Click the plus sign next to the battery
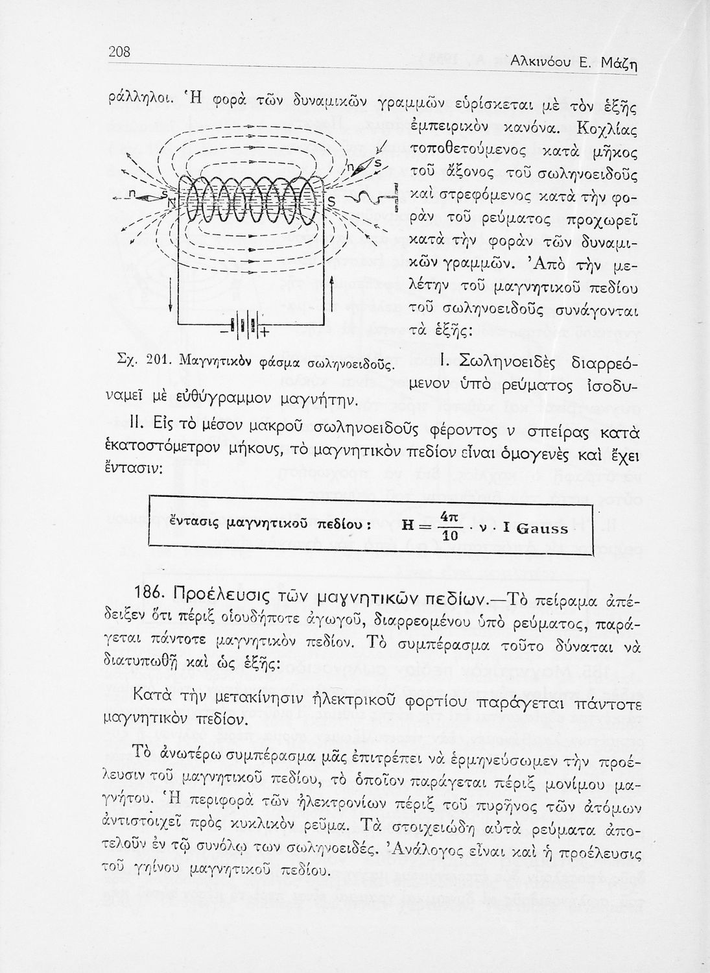click(x=265, y=335)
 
